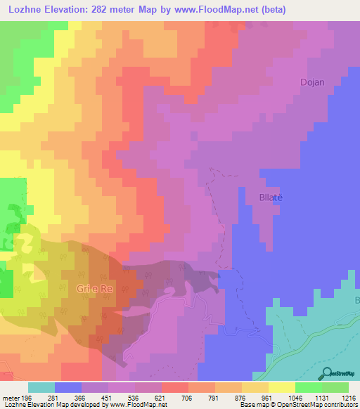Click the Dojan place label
[x=313, y=82]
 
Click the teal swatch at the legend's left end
[x=41, y=387]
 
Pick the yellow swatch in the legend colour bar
[x=255, y=387]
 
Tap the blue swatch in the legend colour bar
[x=68, y=387]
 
